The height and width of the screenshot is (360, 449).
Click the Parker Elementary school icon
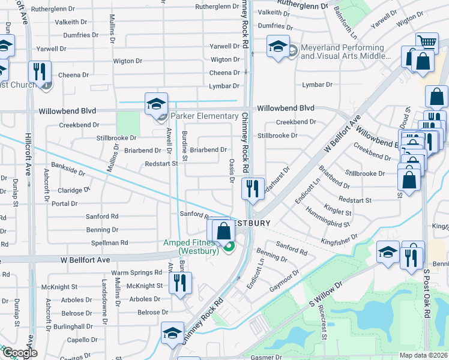pyautogui.click(x=155, y=103)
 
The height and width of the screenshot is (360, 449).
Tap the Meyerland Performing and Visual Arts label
pyautogui.click(x=342, y=52)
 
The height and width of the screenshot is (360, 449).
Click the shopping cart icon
pyautogui.click(x=427, y=41)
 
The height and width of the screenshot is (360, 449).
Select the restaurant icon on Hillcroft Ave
pyautogui.click(x=40, y=71)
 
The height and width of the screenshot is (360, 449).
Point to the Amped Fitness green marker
pyautogui.click(x=228, y=244)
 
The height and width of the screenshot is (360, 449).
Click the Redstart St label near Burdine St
pyautogui.click(x=162, y=163)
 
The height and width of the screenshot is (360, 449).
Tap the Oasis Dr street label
pyautogui.click(x=232, y=168)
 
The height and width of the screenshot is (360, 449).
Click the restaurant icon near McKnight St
pyautogui.click(x=181, y=283)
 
